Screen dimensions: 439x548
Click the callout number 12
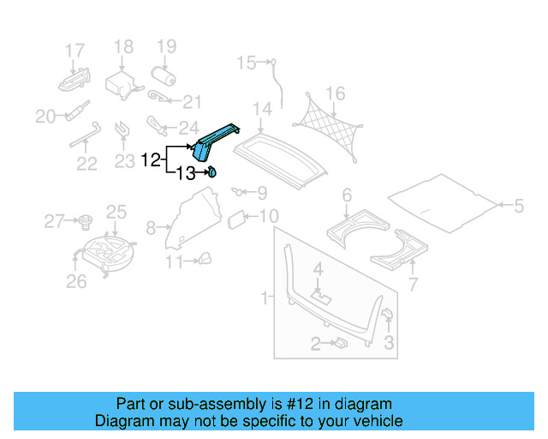(151, 159)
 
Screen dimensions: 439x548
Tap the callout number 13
(186, 174)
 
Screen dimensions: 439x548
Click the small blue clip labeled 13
(211, 172)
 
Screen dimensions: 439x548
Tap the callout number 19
(166, 46)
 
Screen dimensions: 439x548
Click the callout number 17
(75, 50)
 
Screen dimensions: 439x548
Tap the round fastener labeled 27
(86, 223)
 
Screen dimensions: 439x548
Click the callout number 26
(76, 281)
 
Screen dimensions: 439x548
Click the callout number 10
(268, 216)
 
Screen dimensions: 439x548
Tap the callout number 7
(413, 285)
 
